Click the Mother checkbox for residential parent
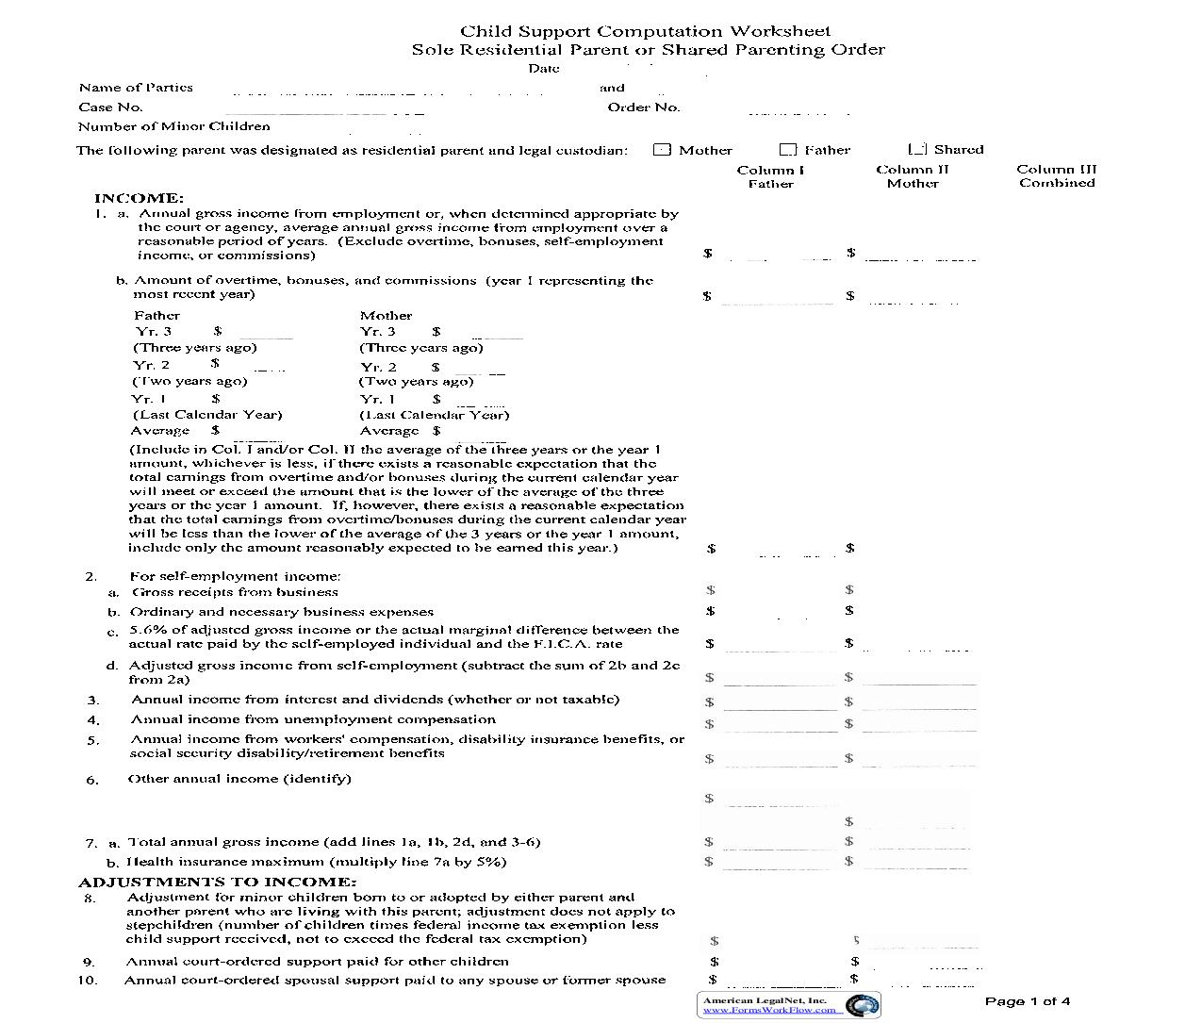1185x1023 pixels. click(x=662, y=150)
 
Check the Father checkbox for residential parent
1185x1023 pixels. click(x=788, y=150)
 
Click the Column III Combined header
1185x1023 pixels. click(x=1056, y=176)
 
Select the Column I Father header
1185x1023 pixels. click(x=770, y=176)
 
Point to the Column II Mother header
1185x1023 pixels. click(x=912, y=176)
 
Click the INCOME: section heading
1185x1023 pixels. click(x=139, y=198)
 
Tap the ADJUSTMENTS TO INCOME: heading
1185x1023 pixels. click(x=217, y=883)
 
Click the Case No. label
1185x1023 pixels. click(x=110, y=107)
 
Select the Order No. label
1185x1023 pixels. click(x=643, y=107)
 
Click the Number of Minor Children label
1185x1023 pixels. click(x=173, y=126)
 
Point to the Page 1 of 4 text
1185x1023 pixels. click(x=1027, y=1001)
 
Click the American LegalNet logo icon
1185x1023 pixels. click(x=863, y=1005)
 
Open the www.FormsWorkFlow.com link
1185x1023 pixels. click(x=769, y=1010)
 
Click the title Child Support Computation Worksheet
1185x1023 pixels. click(x=645, y=32)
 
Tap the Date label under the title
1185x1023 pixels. click(x=543, y=68)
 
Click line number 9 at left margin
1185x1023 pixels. click(x=89, y=963)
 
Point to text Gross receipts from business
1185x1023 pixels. click(x=235, y=592)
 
